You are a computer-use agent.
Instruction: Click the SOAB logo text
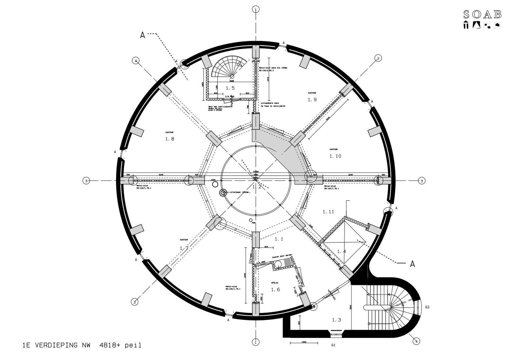(x=482, y=14)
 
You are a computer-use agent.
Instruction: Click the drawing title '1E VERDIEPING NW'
(x=54, y=345)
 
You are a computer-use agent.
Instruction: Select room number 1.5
(x=230, y=88)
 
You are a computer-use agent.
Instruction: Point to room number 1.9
(x=312, y=99)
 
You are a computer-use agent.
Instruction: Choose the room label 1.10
(x=335, y=156)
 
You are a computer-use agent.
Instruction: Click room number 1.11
(x=328, y=212)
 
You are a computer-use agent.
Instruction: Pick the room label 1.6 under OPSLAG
(x=275, y=290)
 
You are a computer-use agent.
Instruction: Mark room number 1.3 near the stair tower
(x=337, y=320)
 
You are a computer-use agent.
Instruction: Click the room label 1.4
(x=341, y=251)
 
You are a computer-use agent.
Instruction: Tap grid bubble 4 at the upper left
(x=135, y=61)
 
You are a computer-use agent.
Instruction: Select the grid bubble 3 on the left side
(x=86, y=181)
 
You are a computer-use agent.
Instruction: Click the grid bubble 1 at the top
(x=256, y=9)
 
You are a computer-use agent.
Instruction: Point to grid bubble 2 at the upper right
(x=378, y=58)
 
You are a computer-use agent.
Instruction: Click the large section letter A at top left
(x=142, y=35)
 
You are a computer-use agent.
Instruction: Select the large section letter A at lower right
(x=412, y=264)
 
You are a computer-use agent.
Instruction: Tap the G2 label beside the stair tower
(x=427, y=307)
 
